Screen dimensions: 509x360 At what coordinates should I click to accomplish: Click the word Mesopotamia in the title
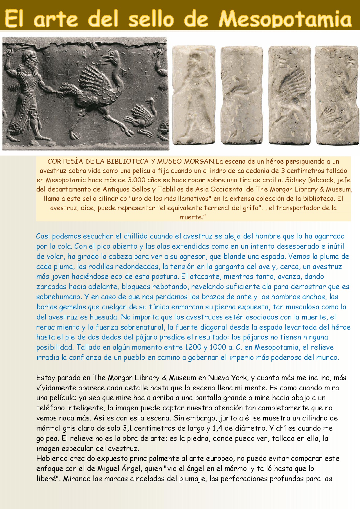(x=285, y=19)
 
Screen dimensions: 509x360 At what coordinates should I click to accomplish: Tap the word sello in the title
(x=151, y=19)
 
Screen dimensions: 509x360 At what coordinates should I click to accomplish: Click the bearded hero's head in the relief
(x=31, y=58)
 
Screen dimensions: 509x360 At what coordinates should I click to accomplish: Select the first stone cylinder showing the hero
(x=194, y=95)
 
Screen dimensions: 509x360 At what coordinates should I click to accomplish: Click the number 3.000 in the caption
(x=136, y=180)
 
